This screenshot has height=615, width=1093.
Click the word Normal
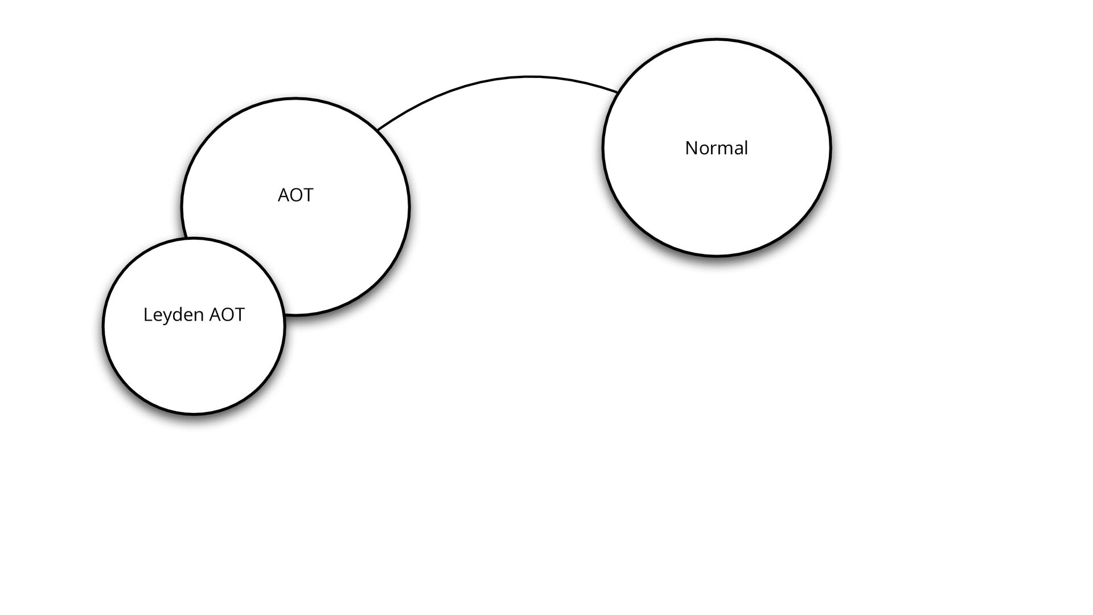716,148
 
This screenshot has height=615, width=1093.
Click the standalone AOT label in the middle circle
295,195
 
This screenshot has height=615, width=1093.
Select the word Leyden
174,315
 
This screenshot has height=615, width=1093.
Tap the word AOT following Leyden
227,315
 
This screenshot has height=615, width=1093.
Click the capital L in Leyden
147,315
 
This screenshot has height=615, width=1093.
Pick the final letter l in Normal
746,147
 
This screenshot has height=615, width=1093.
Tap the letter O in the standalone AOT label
295,195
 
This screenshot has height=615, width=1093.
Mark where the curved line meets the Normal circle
618,91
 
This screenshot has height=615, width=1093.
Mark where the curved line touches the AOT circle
377,130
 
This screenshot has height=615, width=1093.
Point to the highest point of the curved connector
528,76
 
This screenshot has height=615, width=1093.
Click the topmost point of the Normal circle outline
716,39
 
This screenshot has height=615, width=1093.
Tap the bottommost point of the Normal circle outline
716,256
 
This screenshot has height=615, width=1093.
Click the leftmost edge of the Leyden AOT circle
104,326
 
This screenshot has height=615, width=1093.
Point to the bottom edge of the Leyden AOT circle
194,414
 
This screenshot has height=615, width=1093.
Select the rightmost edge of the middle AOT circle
409,206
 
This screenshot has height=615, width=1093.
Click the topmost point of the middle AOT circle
295,99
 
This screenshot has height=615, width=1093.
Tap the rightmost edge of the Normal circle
831,148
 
